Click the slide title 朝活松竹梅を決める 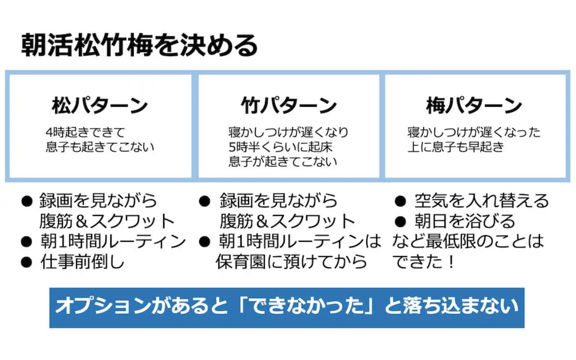[x=140, y=46]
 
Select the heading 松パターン [x=100, y=106]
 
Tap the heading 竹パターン [x=288, y=106]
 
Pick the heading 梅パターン [x=474, y=106]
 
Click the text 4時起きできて [x=85, y=132]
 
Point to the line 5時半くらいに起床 [x=280, y=146]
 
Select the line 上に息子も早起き [x=456, y=146]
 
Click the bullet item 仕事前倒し [x=82, y=262]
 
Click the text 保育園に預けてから [x=291, y=262]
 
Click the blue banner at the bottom [x=287, y=308]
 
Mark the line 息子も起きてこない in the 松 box [x=100, y=146]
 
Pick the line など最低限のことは [x=468, y=241]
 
